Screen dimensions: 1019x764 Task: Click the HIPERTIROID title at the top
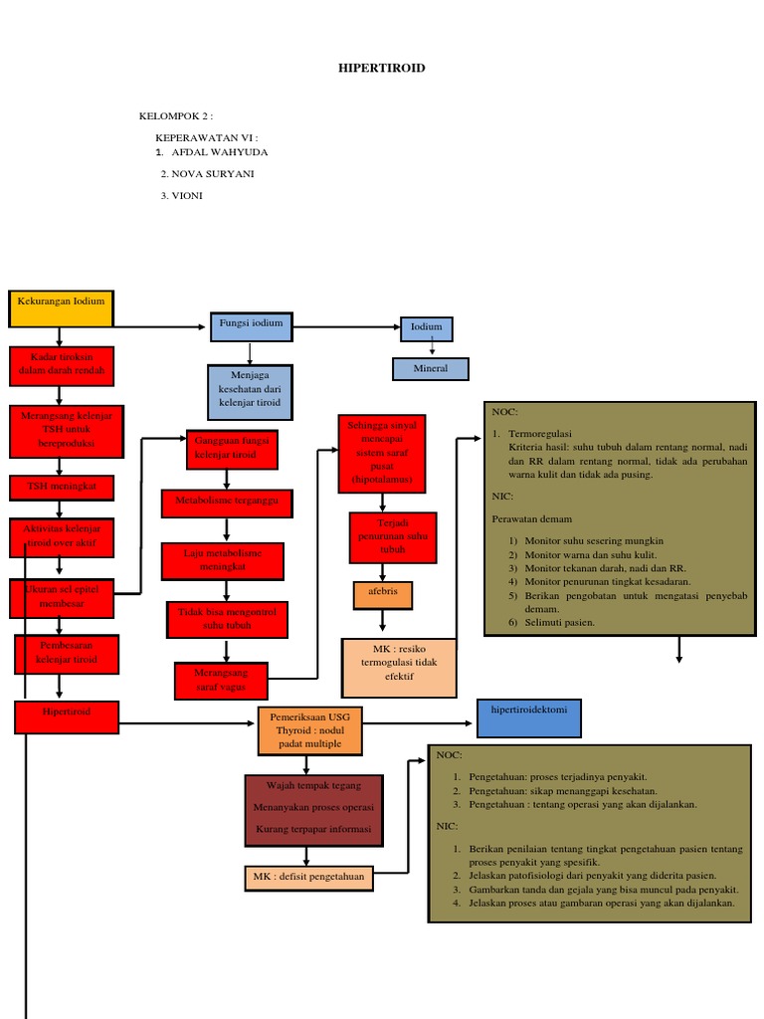tap(382, 68)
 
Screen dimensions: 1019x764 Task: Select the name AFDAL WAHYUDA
tap(219, 152)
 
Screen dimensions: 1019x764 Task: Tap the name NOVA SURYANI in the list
tap(212, 173)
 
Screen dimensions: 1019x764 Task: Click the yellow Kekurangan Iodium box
tap(61, 307)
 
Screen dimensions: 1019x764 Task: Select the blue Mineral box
tap(430, 369)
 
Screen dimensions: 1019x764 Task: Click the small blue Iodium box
tap(427, 328)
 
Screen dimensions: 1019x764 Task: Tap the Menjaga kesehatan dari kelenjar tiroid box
tap(251, 392)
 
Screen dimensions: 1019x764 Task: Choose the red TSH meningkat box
tap(62, 488)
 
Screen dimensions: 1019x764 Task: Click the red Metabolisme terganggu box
tap(227, 504)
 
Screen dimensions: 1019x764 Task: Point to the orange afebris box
tap(382, 595)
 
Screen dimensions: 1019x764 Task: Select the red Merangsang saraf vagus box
tap(221, 681)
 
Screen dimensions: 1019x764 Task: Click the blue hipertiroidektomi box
tap(528, 717)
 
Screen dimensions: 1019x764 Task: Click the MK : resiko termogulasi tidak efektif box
tap(398, 668)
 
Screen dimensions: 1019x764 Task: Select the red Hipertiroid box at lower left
tap(67, 717)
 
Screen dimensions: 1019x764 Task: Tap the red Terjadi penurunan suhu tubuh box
tap(393, 537)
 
